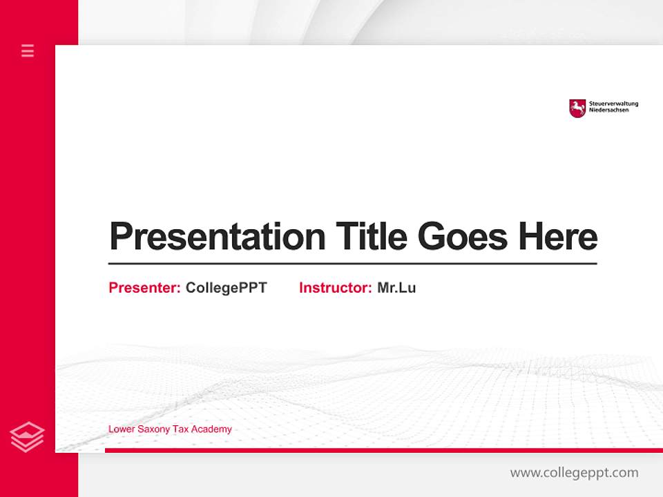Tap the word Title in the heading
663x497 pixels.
(370, 237)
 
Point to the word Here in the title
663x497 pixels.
(557, 237)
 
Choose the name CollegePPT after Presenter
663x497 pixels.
(226, 288)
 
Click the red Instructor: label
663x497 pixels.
(335, 288)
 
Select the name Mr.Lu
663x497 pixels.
(396, 288)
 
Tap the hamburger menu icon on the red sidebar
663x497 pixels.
(28, 50)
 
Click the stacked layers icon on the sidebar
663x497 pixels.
(28, 437)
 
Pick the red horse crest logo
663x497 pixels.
(577, 108)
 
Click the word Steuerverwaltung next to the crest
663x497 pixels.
(613, 104)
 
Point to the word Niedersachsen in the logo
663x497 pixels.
(609, 110)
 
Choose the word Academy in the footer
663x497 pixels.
(211, 429)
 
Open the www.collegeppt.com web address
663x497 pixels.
(574, 473)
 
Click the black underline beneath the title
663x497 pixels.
(352, 264)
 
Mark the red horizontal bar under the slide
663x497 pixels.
(383, 450)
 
